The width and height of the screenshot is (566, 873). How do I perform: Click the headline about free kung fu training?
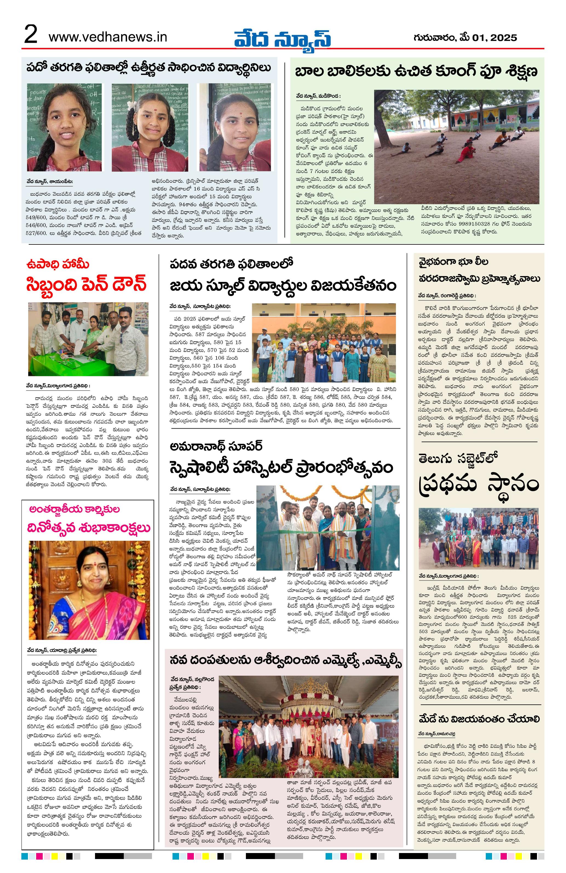(x=416, y=71)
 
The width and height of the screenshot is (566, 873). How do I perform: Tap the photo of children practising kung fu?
(x=456, y=147)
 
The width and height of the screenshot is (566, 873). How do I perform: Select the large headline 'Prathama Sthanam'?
(x=478, y=485)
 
